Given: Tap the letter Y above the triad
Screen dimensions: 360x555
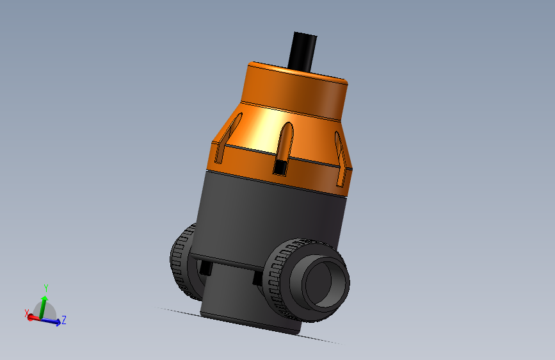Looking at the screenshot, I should coord(45,288).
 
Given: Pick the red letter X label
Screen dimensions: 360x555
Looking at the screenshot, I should coord(27,313).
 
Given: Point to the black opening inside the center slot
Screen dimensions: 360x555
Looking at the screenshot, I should coord(280,168).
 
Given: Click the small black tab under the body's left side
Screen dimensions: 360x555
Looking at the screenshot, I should coord(205,268).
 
